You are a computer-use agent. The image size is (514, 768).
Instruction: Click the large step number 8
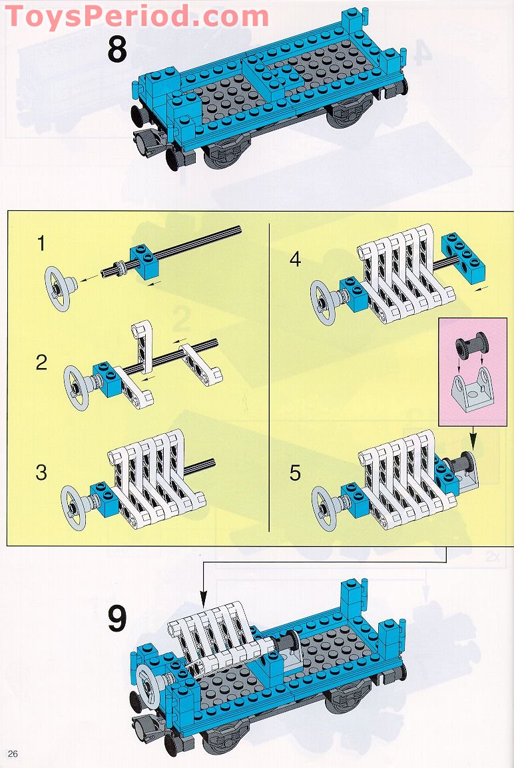(117, 51)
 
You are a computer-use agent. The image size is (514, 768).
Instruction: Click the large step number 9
(117, 619)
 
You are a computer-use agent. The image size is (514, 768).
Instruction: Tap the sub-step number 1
(42, 244)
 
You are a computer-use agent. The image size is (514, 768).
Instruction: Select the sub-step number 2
(42, 363)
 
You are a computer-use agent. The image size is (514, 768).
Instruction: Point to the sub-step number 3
(42, 473)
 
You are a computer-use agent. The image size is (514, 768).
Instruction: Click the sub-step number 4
(295, 259)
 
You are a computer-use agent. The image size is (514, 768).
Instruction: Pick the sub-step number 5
(295, 473)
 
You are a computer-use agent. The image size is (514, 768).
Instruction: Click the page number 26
(13, 753)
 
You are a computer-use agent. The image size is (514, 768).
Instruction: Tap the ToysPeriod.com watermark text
(136, 16)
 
